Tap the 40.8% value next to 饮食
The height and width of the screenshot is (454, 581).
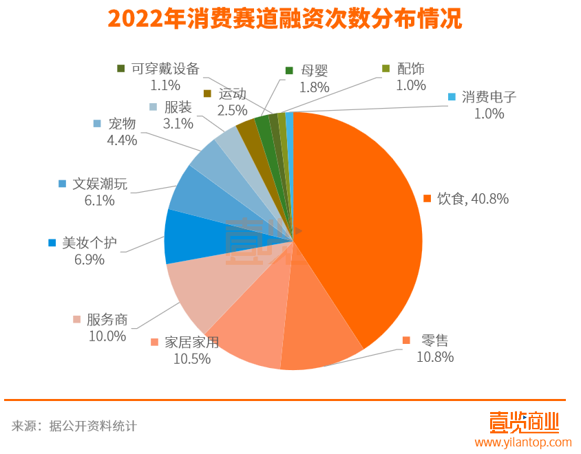(487, 199)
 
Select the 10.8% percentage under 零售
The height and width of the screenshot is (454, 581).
(435, 357)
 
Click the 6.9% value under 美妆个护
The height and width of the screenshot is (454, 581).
(89, 259)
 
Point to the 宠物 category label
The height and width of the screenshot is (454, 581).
(122, 124)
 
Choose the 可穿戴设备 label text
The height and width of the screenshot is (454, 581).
(165, 69)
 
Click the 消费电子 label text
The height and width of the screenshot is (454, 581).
(489, 97)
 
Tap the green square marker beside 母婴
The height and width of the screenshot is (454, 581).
(289, 71)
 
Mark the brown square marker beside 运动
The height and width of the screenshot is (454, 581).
(207, 94)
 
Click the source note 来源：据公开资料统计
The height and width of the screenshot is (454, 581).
(74, 426)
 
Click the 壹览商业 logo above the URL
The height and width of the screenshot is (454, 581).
(523, 421)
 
